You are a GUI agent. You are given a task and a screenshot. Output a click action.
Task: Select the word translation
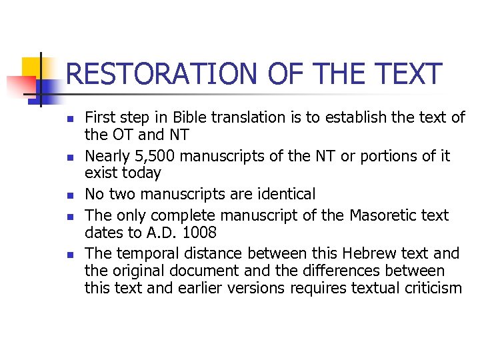pos(247,117)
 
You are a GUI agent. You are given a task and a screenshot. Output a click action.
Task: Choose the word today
pos(142,173)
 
